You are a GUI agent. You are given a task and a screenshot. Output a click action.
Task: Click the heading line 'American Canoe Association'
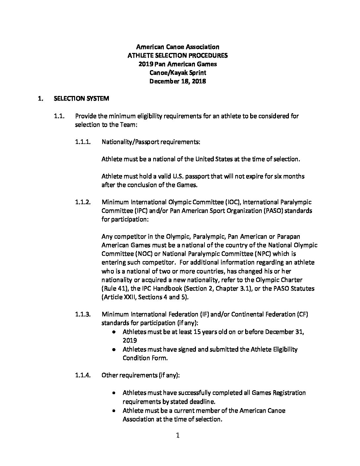(178, 47)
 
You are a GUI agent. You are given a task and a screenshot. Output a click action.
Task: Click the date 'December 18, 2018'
(178, 81)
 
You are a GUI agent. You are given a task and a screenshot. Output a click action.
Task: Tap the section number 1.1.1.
(83, 142)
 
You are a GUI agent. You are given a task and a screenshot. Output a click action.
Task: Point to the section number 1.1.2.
(83, 202)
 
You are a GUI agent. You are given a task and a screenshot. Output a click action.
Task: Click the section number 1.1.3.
(83, 314)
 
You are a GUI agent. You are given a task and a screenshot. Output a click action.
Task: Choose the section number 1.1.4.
(83, 375)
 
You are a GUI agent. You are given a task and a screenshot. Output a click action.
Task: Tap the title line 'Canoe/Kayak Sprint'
(178, 73)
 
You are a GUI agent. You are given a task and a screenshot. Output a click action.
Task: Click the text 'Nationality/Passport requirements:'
(151, 142)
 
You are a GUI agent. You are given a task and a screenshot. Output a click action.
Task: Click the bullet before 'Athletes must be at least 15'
(114, 332)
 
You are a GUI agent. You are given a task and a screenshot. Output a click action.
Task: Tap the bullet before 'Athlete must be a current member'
(114, 411)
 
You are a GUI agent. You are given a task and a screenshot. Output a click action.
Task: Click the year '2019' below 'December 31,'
(130, 340)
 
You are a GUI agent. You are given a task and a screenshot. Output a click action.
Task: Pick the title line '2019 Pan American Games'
(178, 64)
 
